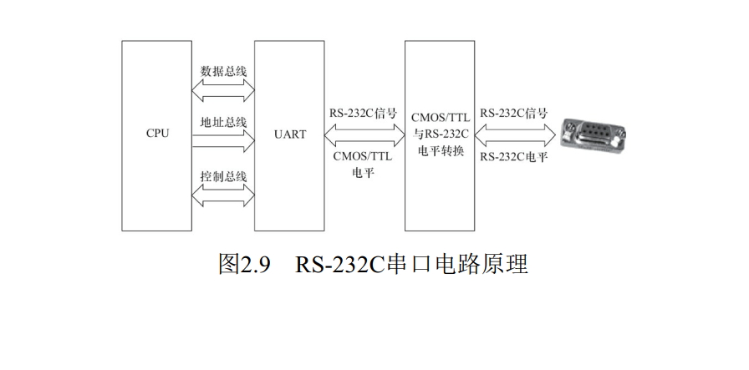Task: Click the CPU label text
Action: coord(157,134)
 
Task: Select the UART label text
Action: coord(290,134)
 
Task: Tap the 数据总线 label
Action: coord(224,70)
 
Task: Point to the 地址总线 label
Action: coord(224,122)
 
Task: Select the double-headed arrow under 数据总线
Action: coord(224,87)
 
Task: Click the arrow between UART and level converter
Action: coord(364,134)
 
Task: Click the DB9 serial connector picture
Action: coord(594,134)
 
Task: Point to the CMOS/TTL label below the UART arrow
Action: coord(364,155)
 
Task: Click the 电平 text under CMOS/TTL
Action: coord(364,172)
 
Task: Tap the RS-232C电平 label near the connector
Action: coord(514,155)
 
